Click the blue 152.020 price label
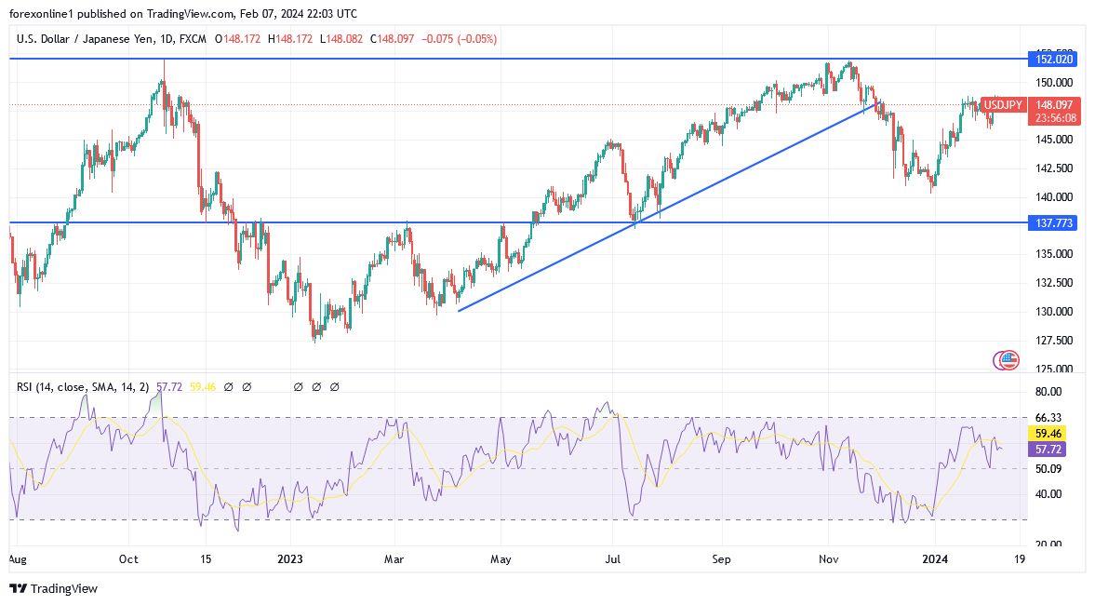(1051, 59)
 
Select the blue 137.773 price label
(1051, 223)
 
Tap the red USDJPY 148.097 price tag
(1055, 105)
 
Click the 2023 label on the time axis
(290, 559)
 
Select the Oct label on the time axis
(128, 559)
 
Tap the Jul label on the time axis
(613, 559)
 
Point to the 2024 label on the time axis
(933, 559)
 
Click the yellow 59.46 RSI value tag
(1048, 434)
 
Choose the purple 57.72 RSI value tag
(1048, 450)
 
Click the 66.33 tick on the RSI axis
(1048, 418)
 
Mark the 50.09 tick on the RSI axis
(1048, 468)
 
